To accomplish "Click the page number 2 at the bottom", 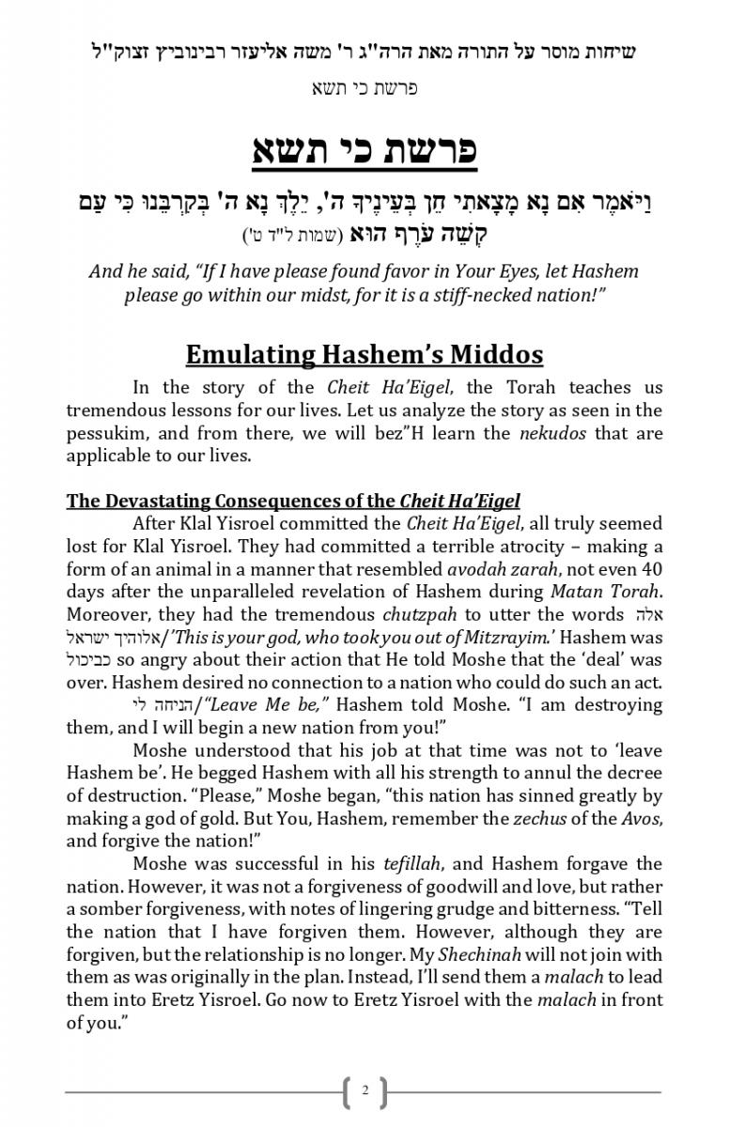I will click(364, 1091).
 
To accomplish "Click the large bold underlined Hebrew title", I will click(364, 151).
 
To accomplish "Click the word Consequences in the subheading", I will click(280, 501).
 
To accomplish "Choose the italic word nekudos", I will click(554, 433).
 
